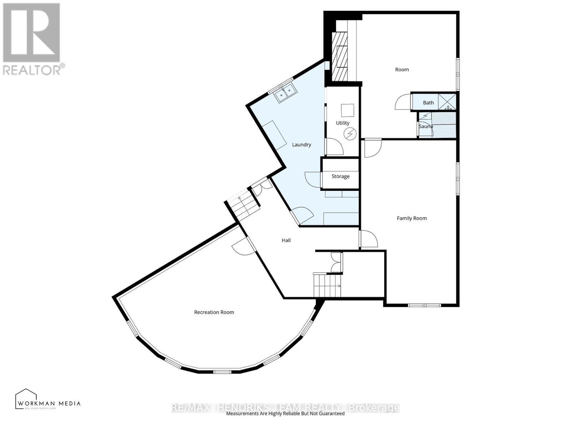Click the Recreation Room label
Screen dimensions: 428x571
click(214, 312)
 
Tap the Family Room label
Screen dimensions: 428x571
click(412, 218)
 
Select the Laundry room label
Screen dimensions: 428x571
click(302, 144)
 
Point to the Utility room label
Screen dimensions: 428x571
click(343, 123)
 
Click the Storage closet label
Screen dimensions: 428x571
click(340, 176)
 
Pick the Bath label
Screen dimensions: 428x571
click(428, 103)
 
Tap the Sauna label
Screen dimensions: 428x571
click(426, 126)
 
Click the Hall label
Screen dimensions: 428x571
click(286, 240)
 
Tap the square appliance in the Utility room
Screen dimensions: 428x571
click(347, 110)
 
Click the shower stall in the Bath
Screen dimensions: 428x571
click(447, 101)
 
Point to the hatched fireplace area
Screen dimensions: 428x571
click(339, 56)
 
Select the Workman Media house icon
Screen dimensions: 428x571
click(26, 398)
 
